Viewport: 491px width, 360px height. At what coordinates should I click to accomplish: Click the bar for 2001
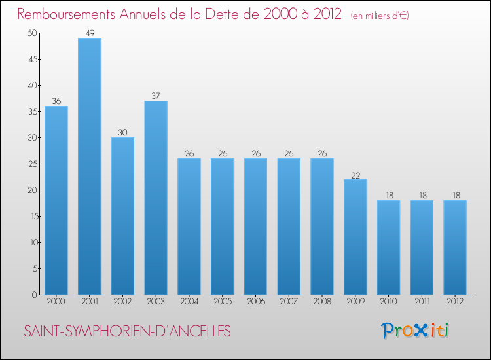coord(90,166)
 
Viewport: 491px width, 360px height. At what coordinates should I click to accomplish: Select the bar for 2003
coord(156,198)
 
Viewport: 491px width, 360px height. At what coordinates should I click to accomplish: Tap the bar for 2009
coord(355,237)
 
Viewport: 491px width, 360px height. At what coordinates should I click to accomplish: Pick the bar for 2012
coord(455,247)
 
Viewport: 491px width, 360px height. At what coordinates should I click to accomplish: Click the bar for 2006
coord(256,226)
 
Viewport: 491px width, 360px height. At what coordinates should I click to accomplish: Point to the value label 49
coord(90,33)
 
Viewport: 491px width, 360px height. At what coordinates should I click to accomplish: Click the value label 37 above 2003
coord(156,96)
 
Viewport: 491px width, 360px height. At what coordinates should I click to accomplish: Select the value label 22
coord(355,175)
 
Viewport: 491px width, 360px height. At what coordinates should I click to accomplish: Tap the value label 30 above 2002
coord(123,132)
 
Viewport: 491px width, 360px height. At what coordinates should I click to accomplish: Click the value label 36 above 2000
coord(56,101)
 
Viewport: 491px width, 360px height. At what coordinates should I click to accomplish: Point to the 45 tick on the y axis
coord(33,59)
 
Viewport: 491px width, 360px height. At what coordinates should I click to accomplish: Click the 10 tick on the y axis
coord(34,243)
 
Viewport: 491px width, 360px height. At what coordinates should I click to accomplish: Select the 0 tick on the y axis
coord(35,295)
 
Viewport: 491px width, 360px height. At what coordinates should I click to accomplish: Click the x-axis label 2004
coord(189,302)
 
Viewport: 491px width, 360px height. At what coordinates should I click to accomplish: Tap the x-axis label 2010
coord(389,302)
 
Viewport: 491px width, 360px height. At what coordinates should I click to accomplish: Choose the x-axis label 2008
coord(322,302)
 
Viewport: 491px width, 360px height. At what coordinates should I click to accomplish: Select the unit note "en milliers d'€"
coord(380,16)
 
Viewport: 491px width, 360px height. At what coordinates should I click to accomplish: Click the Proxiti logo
coord(415,331)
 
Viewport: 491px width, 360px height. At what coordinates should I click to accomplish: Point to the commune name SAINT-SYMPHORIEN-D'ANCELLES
coord(128,331)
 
